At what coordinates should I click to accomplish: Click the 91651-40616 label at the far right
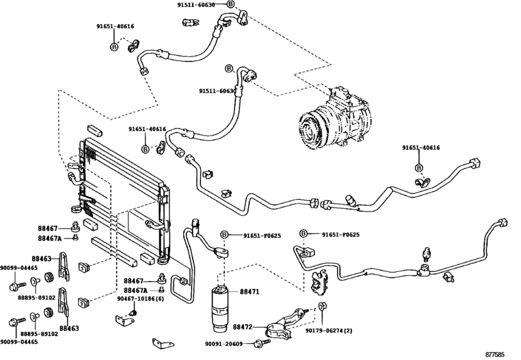click(x=421, y=148)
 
